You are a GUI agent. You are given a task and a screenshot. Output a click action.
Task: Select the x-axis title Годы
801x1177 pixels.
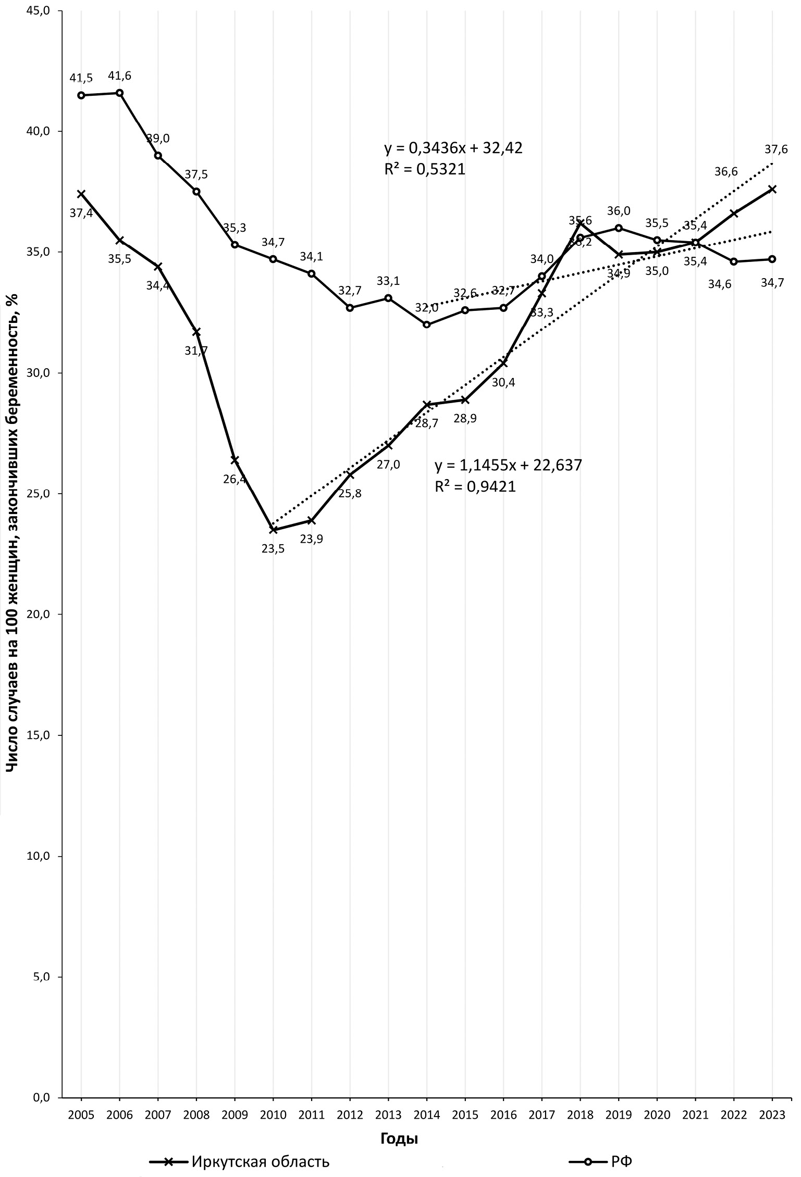click(399, 1138)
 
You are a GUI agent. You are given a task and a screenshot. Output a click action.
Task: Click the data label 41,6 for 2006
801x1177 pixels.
click(119, 76)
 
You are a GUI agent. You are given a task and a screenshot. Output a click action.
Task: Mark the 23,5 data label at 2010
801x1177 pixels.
click(273, 548)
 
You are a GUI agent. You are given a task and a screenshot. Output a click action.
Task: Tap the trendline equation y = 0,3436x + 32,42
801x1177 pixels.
click(453, 149)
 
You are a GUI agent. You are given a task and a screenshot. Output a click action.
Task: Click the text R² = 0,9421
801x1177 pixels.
click(475, 486)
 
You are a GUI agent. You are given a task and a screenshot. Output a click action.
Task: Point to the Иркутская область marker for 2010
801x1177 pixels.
click(273, 530)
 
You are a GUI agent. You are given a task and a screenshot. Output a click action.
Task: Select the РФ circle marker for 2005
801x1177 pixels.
click(81, 95)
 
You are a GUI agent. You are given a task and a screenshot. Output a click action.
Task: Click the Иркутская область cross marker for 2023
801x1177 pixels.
click(772, 189)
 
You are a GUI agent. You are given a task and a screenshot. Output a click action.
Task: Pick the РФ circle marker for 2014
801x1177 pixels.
click(427, 324)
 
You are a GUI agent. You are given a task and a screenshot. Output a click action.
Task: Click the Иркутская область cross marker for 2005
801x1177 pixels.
click(81, 194)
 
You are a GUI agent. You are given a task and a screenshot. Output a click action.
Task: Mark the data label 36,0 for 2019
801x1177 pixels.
click(619, 211)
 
